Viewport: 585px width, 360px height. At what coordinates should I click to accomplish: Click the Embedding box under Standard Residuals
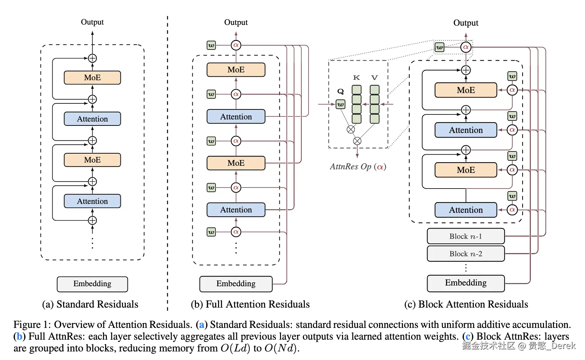coord(92,284)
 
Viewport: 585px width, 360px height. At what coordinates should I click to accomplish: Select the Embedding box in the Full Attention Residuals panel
coord(236,284)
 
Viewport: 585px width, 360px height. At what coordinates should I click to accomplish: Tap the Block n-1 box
coord(466,236)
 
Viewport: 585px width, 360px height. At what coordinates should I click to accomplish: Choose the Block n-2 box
coord(466,254)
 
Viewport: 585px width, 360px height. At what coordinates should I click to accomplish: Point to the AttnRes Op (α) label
coord(358,166)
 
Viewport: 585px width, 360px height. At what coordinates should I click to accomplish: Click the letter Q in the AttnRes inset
coord(341,92)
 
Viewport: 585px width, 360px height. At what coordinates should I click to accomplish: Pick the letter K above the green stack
coord(356,78)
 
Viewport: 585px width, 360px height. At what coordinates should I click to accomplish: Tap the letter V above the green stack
coord(374,78)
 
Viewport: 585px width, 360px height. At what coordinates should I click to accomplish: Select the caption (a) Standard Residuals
coord(90,304)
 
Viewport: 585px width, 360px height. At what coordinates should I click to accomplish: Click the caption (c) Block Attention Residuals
coord(466,304)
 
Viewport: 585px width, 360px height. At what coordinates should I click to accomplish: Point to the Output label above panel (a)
coord(92,22)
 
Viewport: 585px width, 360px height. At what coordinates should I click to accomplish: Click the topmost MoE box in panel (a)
coord(92,78)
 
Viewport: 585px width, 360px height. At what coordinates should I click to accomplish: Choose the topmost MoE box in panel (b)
coord(236,70)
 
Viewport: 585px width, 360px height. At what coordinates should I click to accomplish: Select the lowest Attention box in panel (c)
coord(466,210)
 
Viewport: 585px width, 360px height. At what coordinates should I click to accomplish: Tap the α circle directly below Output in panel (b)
coord(236,45)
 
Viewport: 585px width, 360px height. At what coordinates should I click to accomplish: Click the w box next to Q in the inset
coord(341,104)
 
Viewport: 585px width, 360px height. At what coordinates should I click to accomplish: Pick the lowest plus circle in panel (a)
coord(92,220)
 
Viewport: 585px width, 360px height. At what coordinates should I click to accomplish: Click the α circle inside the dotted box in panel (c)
coord(466,47)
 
